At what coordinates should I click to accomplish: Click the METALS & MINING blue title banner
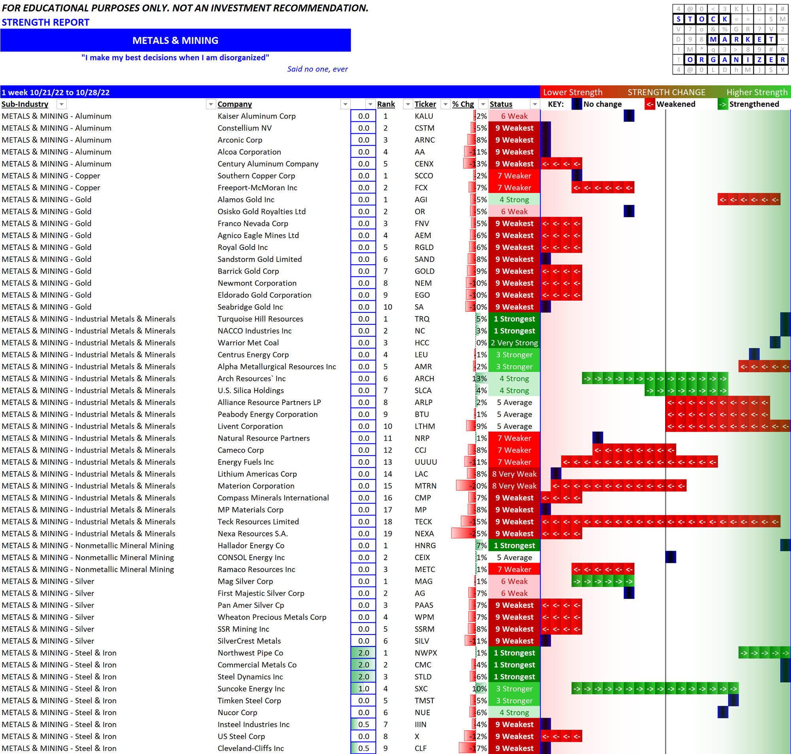175,41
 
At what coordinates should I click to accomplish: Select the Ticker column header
425,104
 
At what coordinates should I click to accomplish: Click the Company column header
235,104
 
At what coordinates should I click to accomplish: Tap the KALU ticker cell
424,116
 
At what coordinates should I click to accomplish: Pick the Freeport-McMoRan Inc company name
257,188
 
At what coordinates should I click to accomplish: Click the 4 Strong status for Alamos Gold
514,200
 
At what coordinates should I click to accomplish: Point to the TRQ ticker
422,319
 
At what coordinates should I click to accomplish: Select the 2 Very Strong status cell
514,343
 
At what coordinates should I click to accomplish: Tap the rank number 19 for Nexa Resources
387,534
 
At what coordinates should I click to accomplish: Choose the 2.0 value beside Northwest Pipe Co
363,653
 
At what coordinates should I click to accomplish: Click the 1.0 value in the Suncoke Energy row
363,688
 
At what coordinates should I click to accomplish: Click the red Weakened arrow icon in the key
649,104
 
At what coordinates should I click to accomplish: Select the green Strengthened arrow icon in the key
722,104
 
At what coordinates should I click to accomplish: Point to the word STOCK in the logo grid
701,19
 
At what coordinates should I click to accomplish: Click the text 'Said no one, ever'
317,69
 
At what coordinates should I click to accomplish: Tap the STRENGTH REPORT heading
45,23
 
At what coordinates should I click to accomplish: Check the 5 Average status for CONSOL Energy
514,557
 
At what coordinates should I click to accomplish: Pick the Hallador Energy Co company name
251,546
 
